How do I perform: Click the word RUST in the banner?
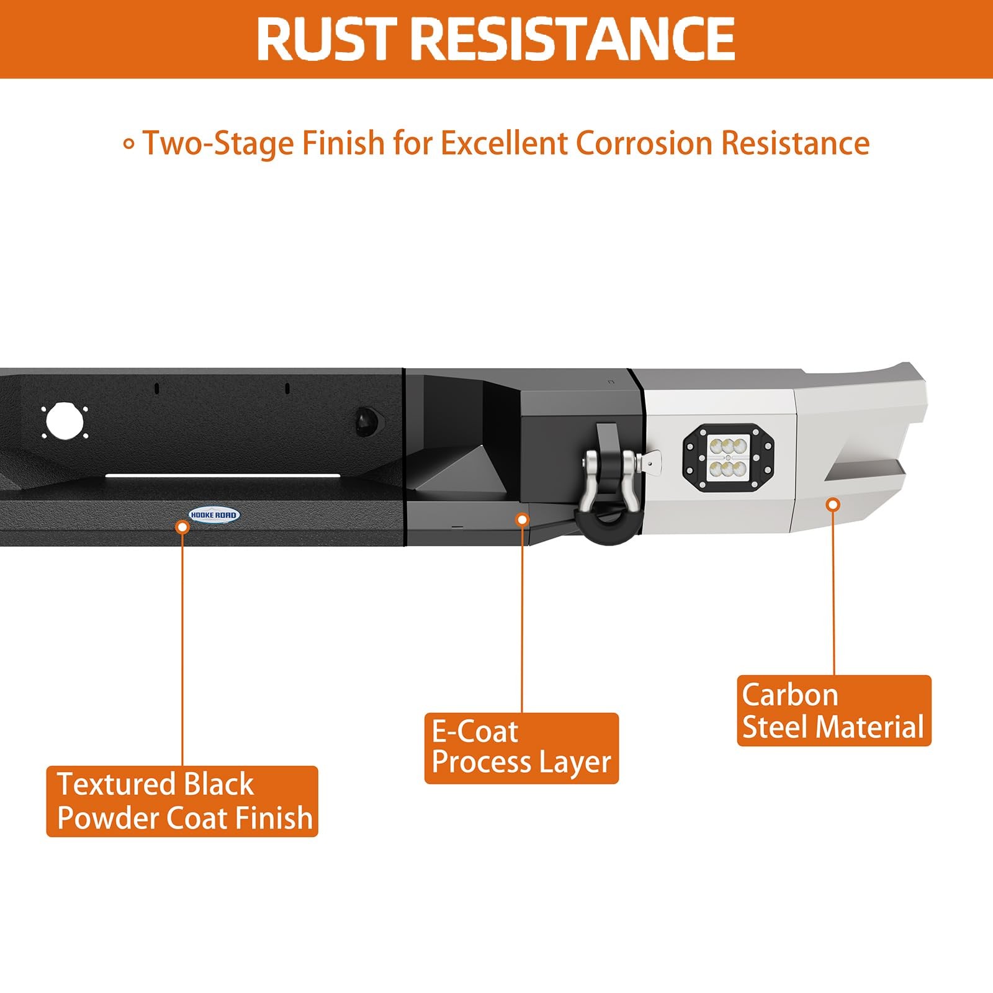(x=326, y=39)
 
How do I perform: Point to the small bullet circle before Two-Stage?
(x=129, y=145)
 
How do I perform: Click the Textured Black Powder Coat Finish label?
(x=182, y=801)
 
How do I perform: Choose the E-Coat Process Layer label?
(x=521, y=748)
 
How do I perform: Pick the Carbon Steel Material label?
(x=834, y=711)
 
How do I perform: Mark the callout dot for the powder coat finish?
(x=182, y=527)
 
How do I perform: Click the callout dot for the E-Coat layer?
(x=523, y=519)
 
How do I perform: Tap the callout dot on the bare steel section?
(x=833, y=505)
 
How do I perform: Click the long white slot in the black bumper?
(x=223, y=476)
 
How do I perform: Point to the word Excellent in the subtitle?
(x=505, y=143)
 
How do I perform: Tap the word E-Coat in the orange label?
(x=475, y=732)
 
